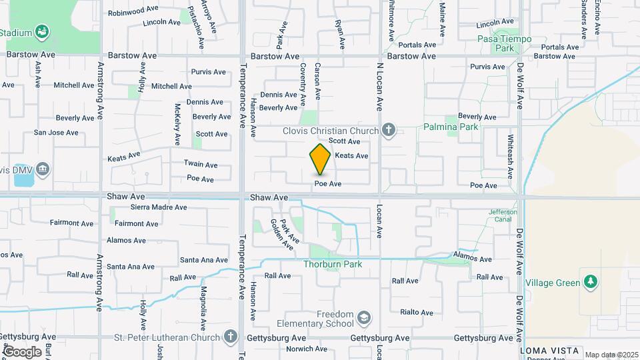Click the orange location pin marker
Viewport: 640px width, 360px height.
click(x=321, y=159)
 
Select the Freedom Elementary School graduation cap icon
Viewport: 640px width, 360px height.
click(x=363, y=317)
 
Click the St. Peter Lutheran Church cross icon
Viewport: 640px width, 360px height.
click(x=231, y=336)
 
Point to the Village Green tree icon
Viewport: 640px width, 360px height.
click(x=589, y=282)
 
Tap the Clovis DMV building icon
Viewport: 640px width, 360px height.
click(x=43, y=169)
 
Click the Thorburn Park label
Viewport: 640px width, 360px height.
click(x=333, y=265)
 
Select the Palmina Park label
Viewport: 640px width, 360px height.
click(x=450, y=127)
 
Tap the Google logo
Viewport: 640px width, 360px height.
click(x=22, y=351)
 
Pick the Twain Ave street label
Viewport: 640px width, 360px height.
click(x=201, y=165)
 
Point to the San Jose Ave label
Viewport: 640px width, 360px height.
click(x=56, y=133)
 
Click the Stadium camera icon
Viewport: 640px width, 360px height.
click(x=43, y=31)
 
